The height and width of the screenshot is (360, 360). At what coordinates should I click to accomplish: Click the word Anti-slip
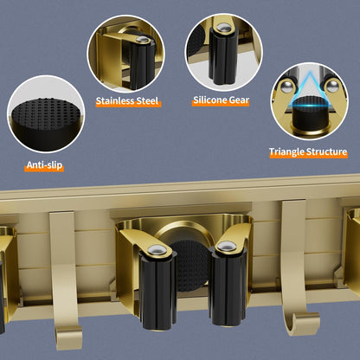click(x=44, y=165)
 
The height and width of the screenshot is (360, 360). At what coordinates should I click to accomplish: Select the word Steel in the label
click(x=148, y=101)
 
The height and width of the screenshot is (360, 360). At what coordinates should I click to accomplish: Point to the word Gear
click(x=239, y=100)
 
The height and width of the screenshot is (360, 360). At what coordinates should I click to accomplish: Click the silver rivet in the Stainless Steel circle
click(x=142, y=39)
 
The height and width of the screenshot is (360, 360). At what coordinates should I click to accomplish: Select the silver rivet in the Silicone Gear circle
click(x=222, y=28)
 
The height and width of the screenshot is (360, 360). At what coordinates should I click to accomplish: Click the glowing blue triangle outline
click(x=310, y=88)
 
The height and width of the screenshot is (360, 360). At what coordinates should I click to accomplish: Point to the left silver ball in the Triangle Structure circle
click(x=286, y=87)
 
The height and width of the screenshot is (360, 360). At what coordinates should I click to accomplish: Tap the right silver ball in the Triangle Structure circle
click(x=332, y=86)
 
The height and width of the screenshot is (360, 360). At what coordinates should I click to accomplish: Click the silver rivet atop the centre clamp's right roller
click(x=226, y=247)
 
